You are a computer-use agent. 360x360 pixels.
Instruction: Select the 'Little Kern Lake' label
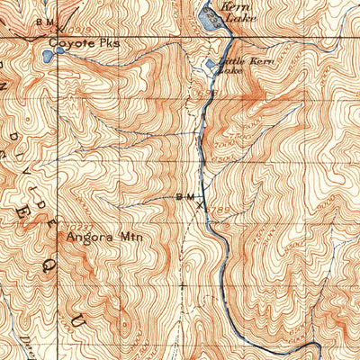[226, 65]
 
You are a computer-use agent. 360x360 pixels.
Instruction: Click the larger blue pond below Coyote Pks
[47, 56]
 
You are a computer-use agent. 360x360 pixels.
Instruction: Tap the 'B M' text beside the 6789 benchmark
[184, 195]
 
